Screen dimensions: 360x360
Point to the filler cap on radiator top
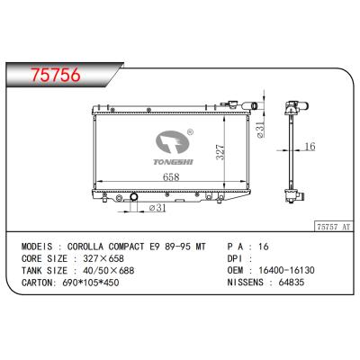click(238, 103)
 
